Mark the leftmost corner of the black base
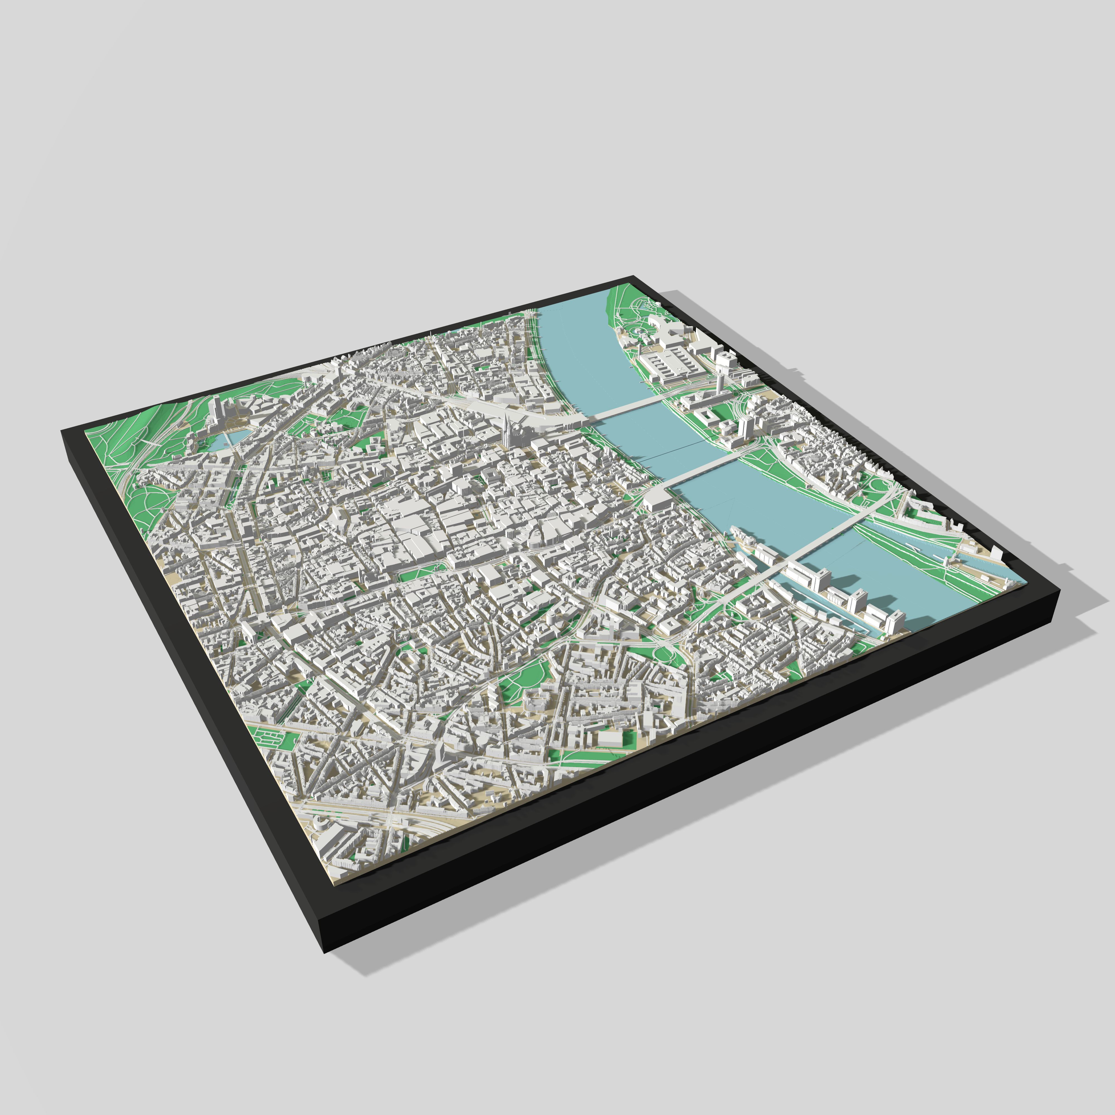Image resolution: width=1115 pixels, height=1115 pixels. coord(62,430)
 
